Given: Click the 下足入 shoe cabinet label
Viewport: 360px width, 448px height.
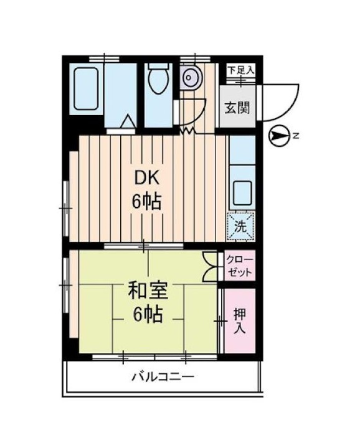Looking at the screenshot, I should (240, 70).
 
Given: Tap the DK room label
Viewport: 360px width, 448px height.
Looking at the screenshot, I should (148, 178).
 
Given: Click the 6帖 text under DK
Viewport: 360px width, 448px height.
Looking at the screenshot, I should (148, 202).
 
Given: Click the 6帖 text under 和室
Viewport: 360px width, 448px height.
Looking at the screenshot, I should (147, 314).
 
